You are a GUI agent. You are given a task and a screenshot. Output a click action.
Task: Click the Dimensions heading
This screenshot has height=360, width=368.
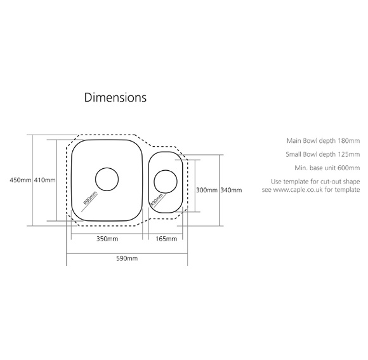pos(115,97)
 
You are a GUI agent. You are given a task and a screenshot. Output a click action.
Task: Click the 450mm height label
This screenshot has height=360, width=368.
pos(20,180)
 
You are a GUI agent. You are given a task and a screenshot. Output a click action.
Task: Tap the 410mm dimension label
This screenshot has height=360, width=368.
pos(45,180)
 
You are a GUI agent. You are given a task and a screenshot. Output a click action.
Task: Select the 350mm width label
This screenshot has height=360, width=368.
pos(107,239)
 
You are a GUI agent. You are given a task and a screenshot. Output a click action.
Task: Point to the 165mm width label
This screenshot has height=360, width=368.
pos(166,239)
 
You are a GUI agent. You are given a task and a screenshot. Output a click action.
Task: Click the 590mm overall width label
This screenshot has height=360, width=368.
pos(127,258)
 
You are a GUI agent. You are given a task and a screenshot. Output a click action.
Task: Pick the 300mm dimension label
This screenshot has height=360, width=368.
pos(207,190)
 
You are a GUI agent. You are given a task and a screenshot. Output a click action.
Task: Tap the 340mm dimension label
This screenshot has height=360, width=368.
pos(231,190)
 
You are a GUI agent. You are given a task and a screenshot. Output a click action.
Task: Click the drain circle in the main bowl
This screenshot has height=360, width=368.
pos(107,168)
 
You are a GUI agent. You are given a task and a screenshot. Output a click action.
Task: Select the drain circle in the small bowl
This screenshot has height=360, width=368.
pos(166,170)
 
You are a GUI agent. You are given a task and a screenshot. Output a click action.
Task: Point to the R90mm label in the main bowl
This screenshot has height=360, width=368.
pos(90,199)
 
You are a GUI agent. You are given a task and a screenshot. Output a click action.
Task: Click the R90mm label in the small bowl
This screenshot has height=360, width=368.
pos(157,199)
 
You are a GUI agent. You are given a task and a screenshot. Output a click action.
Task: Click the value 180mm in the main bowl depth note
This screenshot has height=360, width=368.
pos(349,141)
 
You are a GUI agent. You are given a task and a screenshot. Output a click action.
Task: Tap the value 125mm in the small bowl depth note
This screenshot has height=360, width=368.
pos(349,154)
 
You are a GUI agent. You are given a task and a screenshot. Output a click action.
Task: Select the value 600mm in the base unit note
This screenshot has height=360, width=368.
pos(349,168)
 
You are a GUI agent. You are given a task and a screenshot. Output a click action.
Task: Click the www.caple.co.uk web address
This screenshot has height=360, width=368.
pos(298,189)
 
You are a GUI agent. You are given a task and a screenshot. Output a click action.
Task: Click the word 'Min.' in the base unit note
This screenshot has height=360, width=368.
pos(300,168)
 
